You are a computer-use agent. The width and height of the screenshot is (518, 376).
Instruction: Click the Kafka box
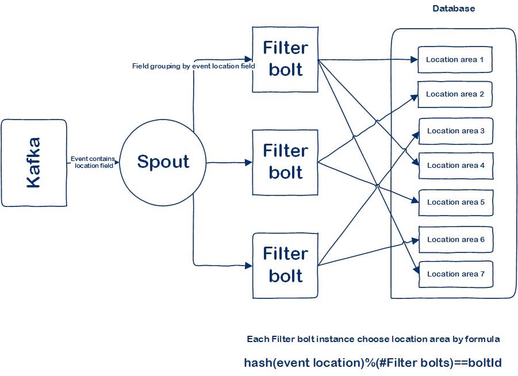[x=34, y=163]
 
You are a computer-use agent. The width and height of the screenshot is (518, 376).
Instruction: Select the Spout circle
[x=163, y=162]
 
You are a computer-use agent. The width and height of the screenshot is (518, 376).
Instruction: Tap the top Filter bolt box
[x=285, y=59]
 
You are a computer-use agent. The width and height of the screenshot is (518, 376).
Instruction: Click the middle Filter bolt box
[x=285, y=162]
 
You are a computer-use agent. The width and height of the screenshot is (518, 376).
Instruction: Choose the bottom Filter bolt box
[x=285, y=265]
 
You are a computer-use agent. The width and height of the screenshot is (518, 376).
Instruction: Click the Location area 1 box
[x=455, y=60]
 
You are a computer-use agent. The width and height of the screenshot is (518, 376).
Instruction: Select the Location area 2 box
[x=455, y=94]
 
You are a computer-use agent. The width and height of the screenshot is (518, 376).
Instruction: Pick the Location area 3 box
[x=455, y=131]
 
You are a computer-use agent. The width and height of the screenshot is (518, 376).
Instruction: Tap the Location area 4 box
[x=455, y=166]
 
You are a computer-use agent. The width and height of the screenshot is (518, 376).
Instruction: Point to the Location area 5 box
[x=455, y=202]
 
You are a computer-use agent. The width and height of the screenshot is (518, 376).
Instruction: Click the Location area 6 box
[x=455, y=240]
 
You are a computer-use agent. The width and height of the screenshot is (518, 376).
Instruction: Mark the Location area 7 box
[x=455, y=274]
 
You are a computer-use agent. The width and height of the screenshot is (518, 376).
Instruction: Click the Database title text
[x=454, y=9]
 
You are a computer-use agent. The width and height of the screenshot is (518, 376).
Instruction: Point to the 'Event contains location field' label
[x=93, y=162]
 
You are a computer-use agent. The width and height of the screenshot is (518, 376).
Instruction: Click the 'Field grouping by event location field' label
[x=193, y=66]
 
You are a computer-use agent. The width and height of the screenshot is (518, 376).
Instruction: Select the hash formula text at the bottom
[x=373, y=363]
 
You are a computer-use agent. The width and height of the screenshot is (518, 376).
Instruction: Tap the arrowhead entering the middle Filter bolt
[x=249, y=163]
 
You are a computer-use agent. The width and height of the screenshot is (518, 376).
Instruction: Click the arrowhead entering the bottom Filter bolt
[x=249, y=266]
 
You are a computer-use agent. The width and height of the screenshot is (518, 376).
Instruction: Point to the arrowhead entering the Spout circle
[x=117, y=163]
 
